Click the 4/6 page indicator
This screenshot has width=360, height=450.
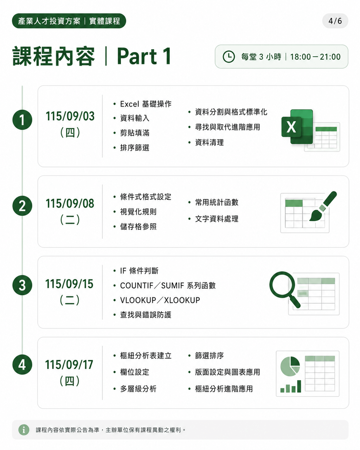coord(335,21)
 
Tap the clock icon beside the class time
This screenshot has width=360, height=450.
coord(229,57)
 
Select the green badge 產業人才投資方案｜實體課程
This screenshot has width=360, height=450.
coord(69,21)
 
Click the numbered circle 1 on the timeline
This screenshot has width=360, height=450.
coord(22,120)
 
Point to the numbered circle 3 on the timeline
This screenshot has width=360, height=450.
coord(22,285)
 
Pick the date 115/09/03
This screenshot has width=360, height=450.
coord(70,116)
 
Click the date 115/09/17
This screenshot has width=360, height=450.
coord(69,365)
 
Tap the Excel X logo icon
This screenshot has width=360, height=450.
coord(297,127)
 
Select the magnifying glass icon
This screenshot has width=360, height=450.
coord(285,289)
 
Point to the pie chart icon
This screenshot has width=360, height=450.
coord(290,366)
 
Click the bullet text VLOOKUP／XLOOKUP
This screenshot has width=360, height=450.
coord(160,300)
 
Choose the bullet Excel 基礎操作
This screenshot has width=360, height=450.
coord(146,104)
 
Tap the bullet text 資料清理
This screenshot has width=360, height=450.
coord(210,143)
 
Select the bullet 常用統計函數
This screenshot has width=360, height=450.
coord(217,202)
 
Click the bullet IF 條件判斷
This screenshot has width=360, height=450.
coord(139,271)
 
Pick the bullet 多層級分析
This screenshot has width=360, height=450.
coord(138,389)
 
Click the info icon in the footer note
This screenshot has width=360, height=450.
coord(24,430)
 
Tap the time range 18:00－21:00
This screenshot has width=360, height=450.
coord(315,57)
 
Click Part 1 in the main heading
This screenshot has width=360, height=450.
coord(144,56)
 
